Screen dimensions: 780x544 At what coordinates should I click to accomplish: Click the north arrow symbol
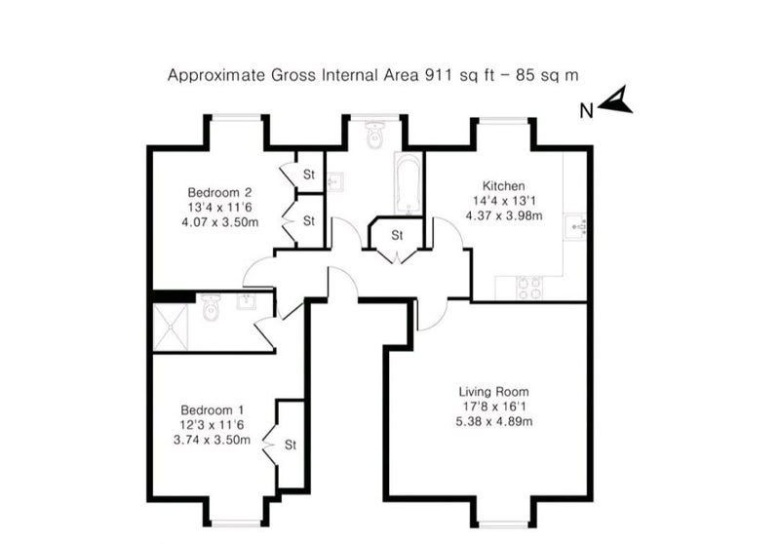(617, 101)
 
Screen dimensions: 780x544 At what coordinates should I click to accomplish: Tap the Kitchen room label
(503, 186)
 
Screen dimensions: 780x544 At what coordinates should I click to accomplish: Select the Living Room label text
(494, 392)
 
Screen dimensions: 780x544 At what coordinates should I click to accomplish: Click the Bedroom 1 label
(213, 410)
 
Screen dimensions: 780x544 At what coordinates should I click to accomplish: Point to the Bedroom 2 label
(220, 192)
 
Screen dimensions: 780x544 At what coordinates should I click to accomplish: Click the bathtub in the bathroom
(409, 183)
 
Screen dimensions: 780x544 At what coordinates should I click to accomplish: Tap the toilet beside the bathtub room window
(374, 135)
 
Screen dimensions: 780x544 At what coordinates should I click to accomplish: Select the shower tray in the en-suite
(171, 328)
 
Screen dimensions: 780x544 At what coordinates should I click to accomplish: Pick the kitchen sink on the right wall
(575, 228)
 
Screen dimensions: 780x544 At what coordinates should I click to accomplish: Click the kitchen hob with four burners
(529, 288)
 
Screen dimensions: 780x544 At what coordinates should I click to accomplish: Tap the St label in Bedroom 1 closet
(291, 444)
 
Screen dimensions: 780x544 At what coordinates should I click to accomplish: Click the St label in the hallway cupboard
(397, 235)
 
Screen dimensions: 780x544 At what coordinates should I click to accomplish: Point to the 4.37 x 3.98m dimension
(504, 215)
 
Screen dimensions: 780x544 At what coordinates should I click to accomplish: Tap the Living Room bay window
(503, 524)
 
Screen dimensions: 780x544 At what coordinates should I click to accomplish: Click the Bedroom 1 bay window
(236, 524)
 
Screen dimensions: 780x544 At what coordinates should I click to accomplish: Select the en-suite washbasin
(247, 302)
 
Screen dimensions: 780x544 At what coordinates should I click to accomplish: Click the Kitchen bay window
(503, 119)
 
